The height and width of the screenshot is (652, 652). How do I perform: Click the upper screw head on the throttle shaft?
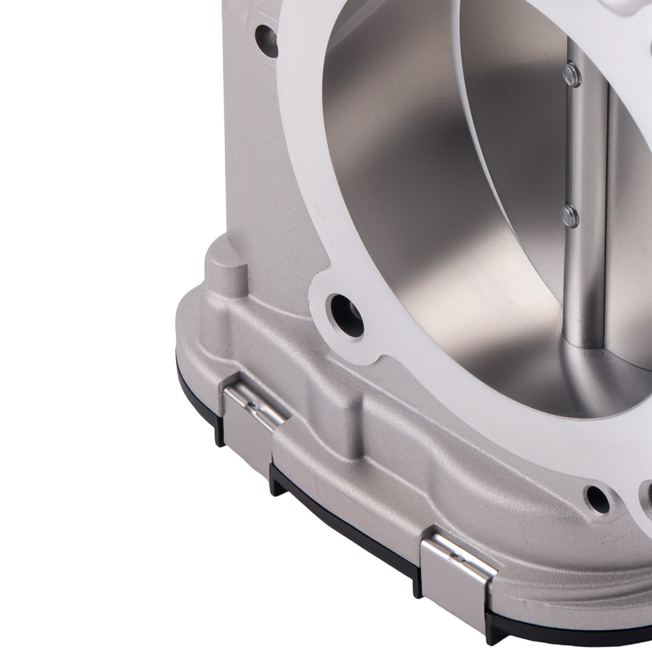pos(572,72)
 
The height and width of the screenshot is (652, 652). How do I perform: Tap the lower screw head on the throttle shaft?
pos(570,215)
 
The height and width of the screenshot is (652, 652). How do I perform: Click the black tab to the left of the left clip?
pos(218,434)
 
